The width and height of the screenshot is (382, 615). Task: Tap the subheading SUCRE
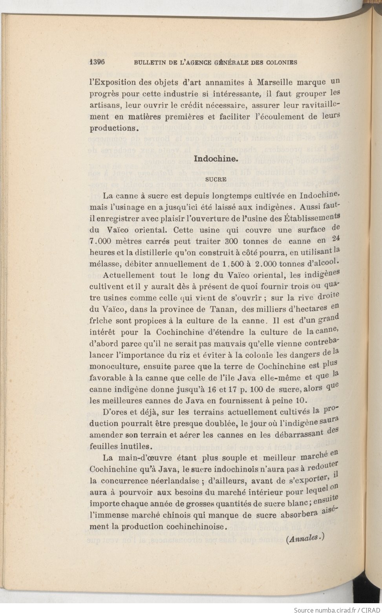[x=216, y=179]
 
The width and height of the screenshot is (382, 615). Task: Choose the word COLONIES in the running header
[x=281, y=62]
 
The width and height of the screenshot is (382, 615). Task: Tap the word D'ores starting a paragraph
[x=114, y=412]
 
